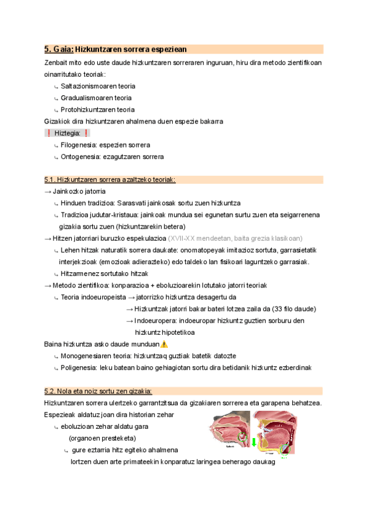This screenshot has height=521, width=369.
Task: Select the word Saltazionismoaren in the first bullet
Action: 85,86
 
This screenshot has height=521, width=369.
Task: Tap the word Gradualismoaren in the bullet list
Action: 84,98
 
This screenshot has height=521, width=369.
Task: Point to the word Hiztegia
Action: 67,133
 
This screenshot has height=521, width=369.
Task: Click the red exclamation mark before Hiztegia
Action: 48,133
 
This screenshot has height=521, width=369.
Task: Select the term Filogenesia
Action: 77,145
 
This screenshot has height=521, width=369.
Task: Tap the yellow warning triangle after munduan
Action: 164,344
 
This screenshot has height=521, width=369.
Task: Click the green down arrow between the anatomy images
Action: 253,443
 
